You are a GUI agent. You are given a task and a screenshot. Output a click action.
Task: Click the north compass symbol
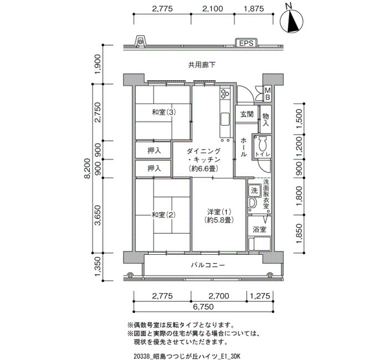click(292, 21)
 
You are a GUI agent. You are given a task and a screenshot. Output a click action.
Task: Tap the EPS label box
click(246, 43)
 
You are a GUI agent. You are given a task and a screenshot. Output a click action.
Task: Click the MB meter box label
click(268, 94)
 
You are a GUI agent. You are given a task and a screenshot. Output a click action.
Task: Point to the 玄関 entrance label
click(247, 114)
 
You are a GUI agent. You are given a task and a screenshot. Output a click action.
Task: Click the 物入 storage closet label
click(266, 120)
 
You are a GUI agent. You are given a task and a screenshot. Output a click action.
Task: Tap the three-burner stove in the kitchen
click(225, 94)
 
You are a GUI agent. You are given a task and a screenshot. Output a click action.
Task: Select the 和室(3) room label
click(164, 112)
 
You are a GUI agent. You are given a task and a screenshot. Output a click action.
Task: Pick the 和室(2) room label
click(164, 215)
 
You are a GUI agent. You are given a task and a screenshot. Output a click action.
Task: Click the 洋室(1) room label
click(219, 215)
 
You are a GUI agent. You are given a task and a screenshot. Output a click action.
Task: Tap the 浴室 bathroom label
click(259, 229)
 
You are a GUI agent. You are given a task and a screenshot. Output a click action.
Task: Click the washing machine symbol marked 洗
click(254, 191)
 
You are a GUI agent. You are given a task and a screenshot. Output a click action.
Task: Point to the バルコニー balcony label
click(208, 265)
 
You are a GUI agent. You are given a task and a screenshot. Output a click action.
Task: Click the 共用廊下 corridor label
click(202, 65)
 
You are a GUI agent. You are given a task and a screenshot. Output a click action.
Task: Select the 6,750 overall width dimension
click(203, 307)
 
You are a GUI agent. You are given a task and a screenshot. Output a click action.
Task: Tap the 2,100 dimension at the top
click(212, 9)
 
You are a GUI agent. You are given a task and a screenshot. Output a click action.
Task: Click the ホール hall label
click(244, 147)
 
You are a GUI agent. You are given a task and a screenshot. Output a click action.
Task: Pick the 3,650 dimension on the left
click(98, 215)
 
